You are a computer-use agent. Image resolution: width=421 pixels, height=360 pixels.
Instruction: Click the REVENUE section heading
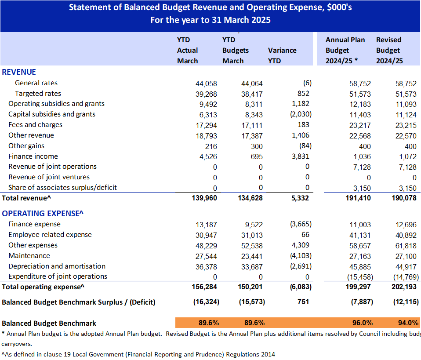pyautogui.click(x=19, y=72)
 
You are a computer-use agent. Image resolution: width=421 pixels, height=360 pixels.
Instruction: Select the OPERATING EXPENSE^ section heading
pyautogui.click(x=43, y=213)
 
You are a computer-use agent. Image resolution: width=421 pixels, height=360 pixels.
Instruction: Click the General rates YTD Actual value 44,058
pyautogui.click(x=206, y=84)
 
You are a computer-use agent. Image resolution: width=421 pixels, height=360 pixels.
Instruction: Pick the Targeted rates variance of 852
pyautogui.click(x=303, y=93)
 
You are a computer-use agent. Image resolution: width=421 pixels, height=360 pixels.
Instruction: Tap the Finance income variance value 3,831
pyautogui.click(x=301, y=156)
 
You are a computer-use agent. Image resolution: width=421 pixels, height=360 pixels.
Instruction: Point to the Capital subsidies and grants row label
pyautogui.click(x=52, y=114)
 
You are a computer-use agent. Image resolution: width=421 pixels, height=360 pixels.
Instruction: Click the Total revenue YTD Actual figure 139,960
pyautogui.click(x=204, y=198)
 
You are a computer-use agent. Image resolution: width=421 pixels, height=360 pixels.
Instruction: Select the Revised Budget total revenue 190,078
pyautogui.click(x=404, y=198)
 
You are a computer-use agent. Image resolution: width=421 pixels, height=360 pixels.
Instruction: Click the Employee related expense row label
pyautogui.click(x=50, y=235)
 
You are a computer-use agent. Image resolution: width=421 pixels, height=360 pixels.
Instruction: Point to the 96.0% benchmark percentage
pyautogui.click(x=363, y=323)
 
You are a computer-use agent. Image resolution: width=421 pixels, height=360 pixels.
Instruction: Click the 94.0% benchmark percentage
pyautogui.click(x=408, y=323)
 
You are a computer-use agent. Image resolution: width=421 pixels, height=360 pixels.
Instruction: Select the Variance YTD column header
pyautogui.click(x=282, y=56)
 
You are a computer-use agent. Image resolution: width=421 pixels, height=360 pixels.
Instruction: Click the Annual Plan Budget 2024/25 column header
pyautogui.click(x=345, y=50)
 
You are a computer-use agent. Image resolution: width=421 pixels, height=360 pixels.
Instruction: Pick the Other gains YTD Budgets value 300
pyautogui.click(x=257, y=146)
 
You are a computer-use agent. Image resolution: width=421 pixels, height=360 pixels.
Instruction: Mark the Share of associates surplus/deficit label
pyautogui.click(x=62, y=188)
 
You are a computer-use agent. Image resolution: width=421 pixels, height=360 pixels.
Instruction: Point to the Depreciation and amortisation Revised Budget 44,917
pyautogui.click(x=406, y=267)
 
